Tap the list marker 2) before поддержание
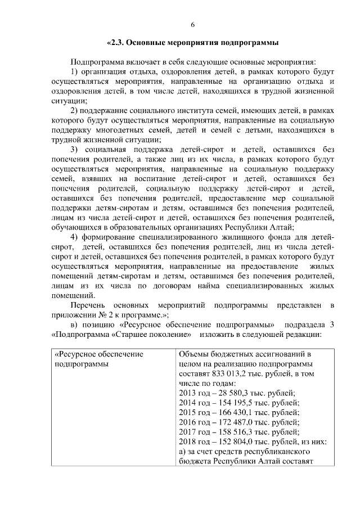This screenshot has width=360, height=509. (74, 110)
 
